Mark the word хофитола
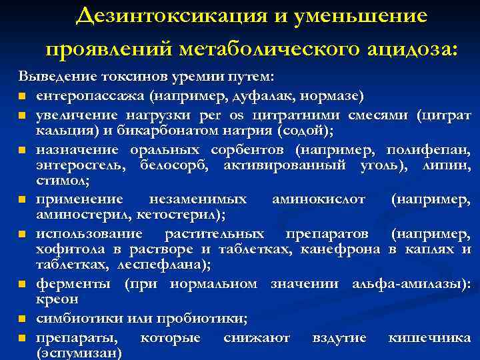click(x=67, y=249)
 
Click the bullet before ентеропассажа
click(x=23, y=97)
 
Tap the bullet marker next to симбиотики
click(x=23, y=319)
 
